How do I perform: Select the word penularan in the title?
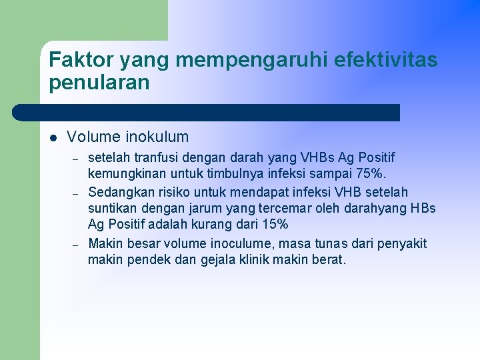pos(99,83)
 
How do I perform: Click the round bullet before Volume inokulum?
pos(53,138)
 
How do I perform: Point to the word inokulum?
pos(157,137)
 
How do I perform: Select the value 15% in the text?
pos(275,225)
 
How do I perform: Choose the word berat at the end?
pos(329,260)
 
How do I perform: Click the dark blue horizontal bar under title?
pos(207,112)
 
